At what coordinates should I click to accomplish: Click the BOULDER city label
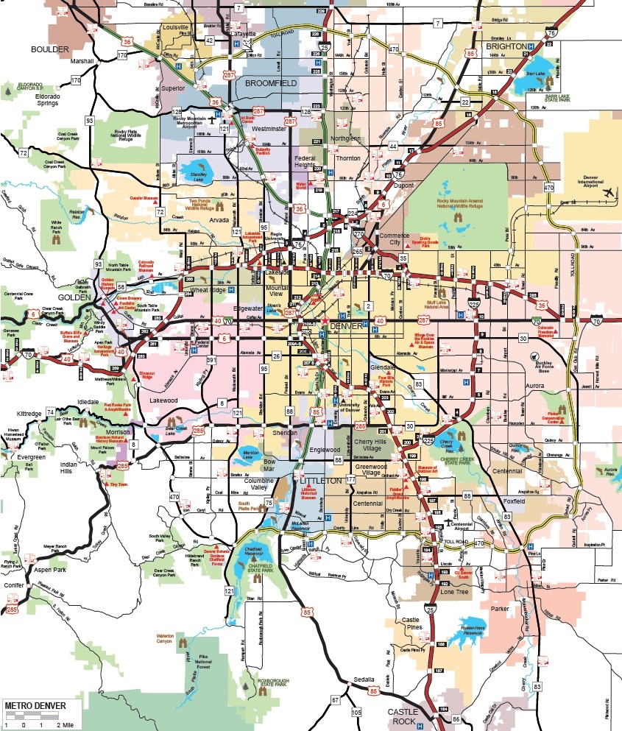click(49, 49)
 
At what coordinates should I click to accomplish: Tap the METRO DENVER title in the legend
click(35, 705)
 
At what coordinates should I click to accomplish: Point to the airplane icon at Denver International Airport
click(609, 193)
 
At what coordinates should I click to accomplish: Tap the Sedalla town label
click(364, 679)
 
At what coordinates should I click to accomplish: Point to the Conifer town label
click(13, 586)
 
